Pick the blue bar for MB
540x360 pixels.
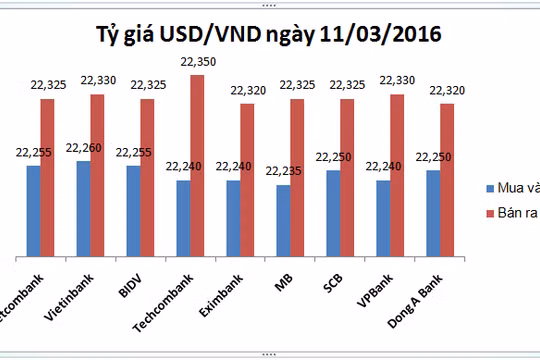pyautogui.click(x=283, y=220)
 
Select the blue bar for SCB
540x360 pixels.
pyautogui.click(x=333, y=212)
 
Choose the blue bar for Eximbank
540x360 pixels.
pyautogui.click(x=233, y=217)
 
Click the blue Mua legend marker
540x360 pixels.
pyautogui.click(x=489, y=188)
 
